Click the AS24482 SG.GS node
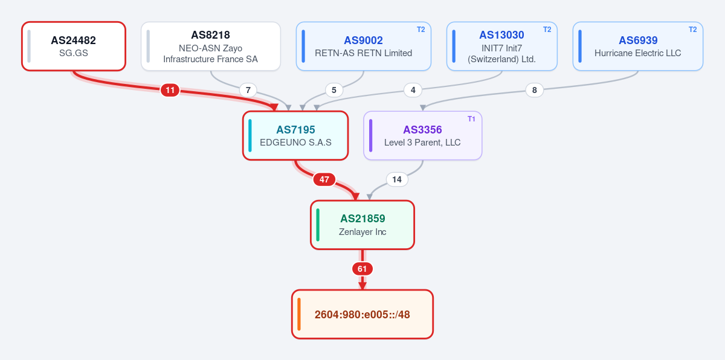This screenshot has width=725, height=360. tap(74, 47)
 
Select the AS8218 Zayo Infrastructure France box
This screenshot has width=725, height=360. tap(211, 47)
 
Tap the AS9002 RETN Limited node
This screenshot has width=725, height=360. tap(364, 47)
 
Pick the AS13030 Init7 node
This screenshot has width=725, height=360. tap(501, 47)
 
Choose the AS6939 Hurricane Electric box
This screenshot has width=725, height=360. tap(637, 47)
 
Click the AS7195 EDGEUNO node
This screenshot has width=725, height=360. tap(295, 135)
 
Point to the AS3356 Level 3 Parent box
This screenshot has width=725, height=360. tap(423, 135)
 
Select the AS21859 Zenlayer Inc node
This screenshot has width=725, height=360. tap(362, 225)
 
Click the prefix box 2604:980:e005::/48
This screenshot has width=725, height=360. tap(362, 314)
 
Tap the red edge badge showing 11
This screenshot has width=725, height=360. tap(170, 90)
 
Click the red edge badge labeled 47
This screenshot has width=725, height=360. tap(324, 179)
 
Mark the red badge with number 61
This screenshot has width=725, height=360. tap(362, 269)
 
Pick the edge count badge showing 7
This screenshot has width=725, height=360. tap(248, 90)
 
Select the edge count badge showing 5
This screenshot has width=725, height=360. tap(334, 90)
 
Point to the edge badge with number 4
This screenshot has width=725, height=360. tap(413, 90)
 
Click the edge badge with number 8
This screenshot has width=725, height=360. tap(534, 90)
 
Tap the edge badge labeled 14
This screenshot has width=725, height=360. tap(397, 179)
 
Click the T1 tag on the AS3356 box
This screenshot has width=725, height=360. tap(471, 119)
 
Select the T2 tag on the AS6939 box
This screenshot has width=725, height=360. tap(692, 30)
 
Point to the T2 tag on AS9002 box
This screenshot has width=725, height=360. tap(420, 30)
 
